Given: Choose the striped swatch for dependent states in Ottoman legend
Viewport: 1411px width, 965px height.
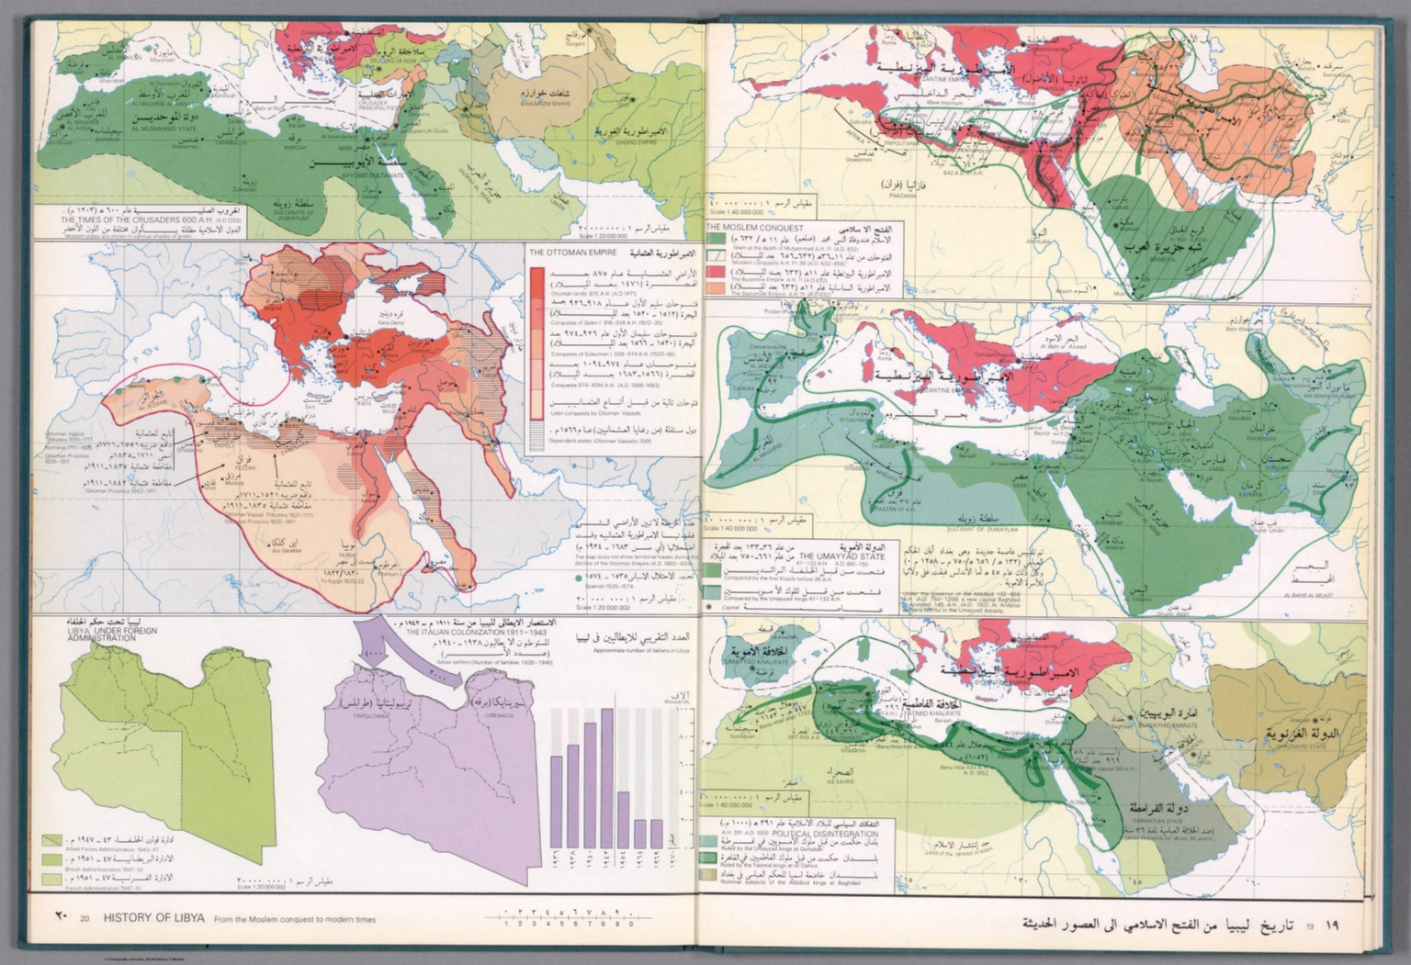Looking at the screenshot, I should click(537, 437).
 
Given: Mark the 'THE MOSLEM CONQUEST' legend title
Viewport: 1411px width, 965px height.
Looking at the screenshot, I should click(754, 228).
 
